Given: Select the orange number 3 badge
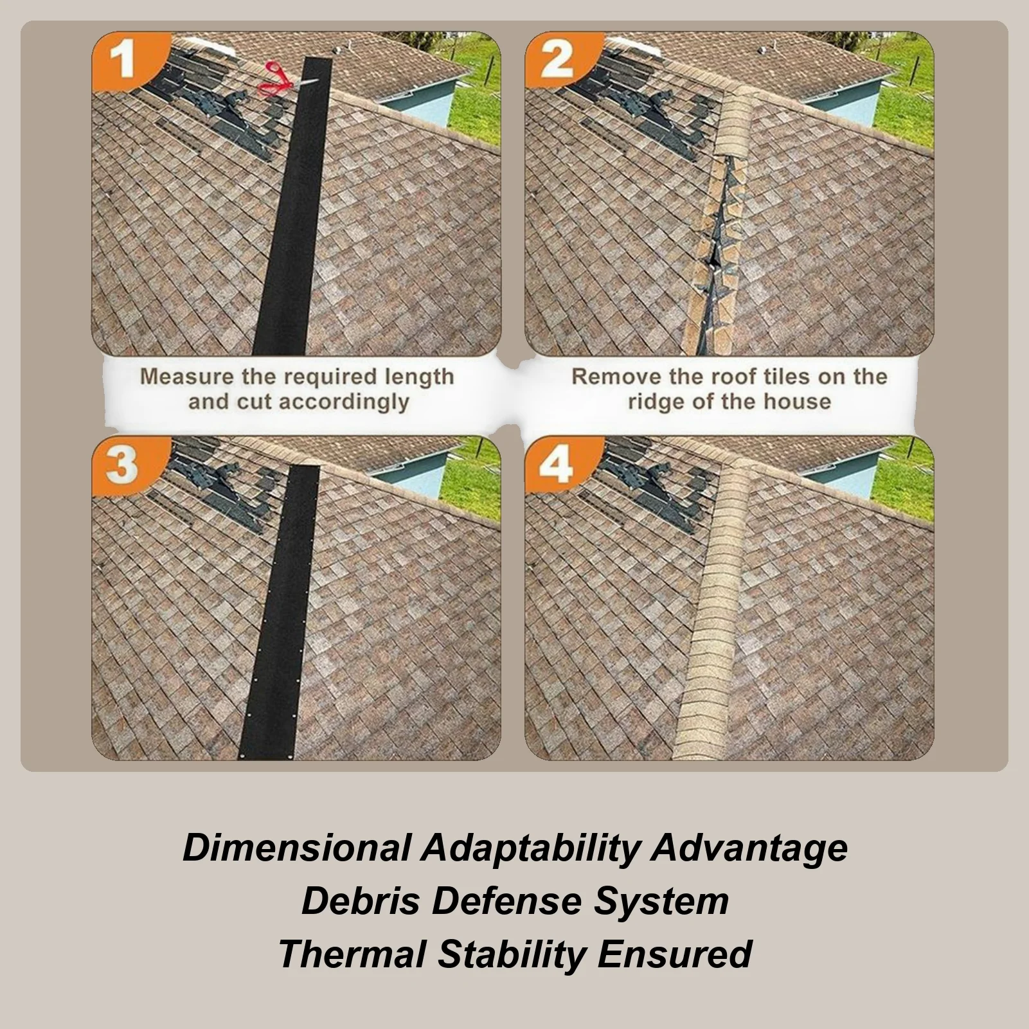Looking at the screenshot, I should pos(122,464).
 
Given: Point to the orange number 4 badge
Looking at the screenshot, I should pos(556,464).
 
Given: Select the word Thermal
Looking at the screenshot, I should pos(352,953).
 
